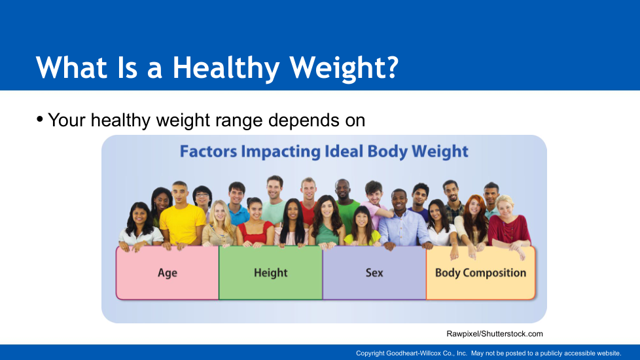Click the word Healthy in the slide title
(x=226, y=68)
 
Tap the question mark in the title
(x=391, y=67)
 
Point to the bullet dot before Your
(x=40, y=120)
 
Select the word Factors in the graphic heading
(x=208, y=151)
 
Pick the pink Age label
(x=168, y=273)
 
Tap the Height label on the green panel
(x=271, y=273)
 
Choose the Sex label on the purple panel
(x=374, y=273)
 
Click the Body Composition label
(x=480, y=273)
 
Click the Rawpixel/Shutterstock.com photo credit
(x=494, y=334)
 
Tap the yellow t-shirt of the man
(x=183, y=224)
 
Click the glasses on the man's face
(x=202, y=195)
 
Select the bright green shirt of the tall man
(x=348, y=216)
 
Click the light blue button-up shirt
(x=404, y=228)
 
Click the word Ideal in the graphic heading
(x=344, y=151)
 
